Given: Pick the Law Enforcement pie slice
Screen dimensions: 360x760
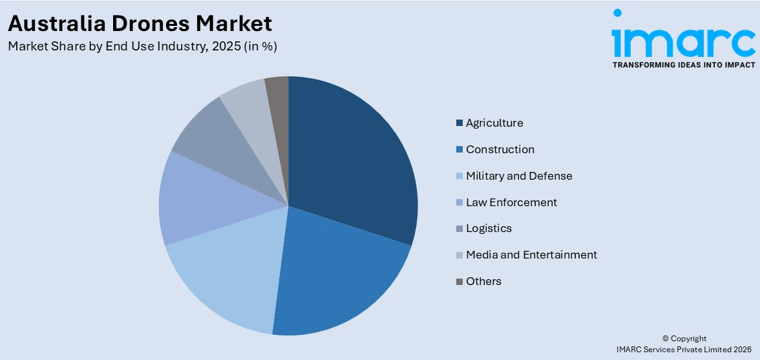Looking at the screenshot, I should tap(194, 200).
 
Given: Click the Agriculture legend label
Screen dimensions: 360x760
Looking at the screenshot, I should tap(494, 123).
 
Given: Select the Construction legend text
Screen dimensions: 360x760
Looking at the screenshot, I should tap(500, 149).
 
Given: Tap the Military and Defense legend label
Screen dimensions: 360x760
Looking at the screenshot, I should tap(519, 176).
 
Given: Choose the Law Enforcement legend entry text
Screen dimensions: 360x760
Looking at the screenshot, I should tap(511, 202).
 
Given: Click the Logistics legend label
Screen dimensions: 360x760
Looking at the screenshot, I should tap(489, 228).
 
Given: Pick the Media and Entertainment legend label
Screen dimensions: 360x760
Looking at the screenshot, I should tap(531, 255).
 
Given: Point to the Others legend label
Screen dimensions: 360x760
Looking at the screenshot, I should tap(483, 281).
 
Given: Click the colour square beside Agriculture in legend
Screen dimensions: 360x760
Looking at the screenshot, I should tap(459, 123).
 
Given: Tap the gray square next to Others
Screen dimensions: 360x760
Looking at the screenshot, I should tap(459, 281).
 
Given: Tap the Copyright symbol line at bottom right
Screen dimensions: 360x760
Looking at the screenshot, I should tap(684, 339).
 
